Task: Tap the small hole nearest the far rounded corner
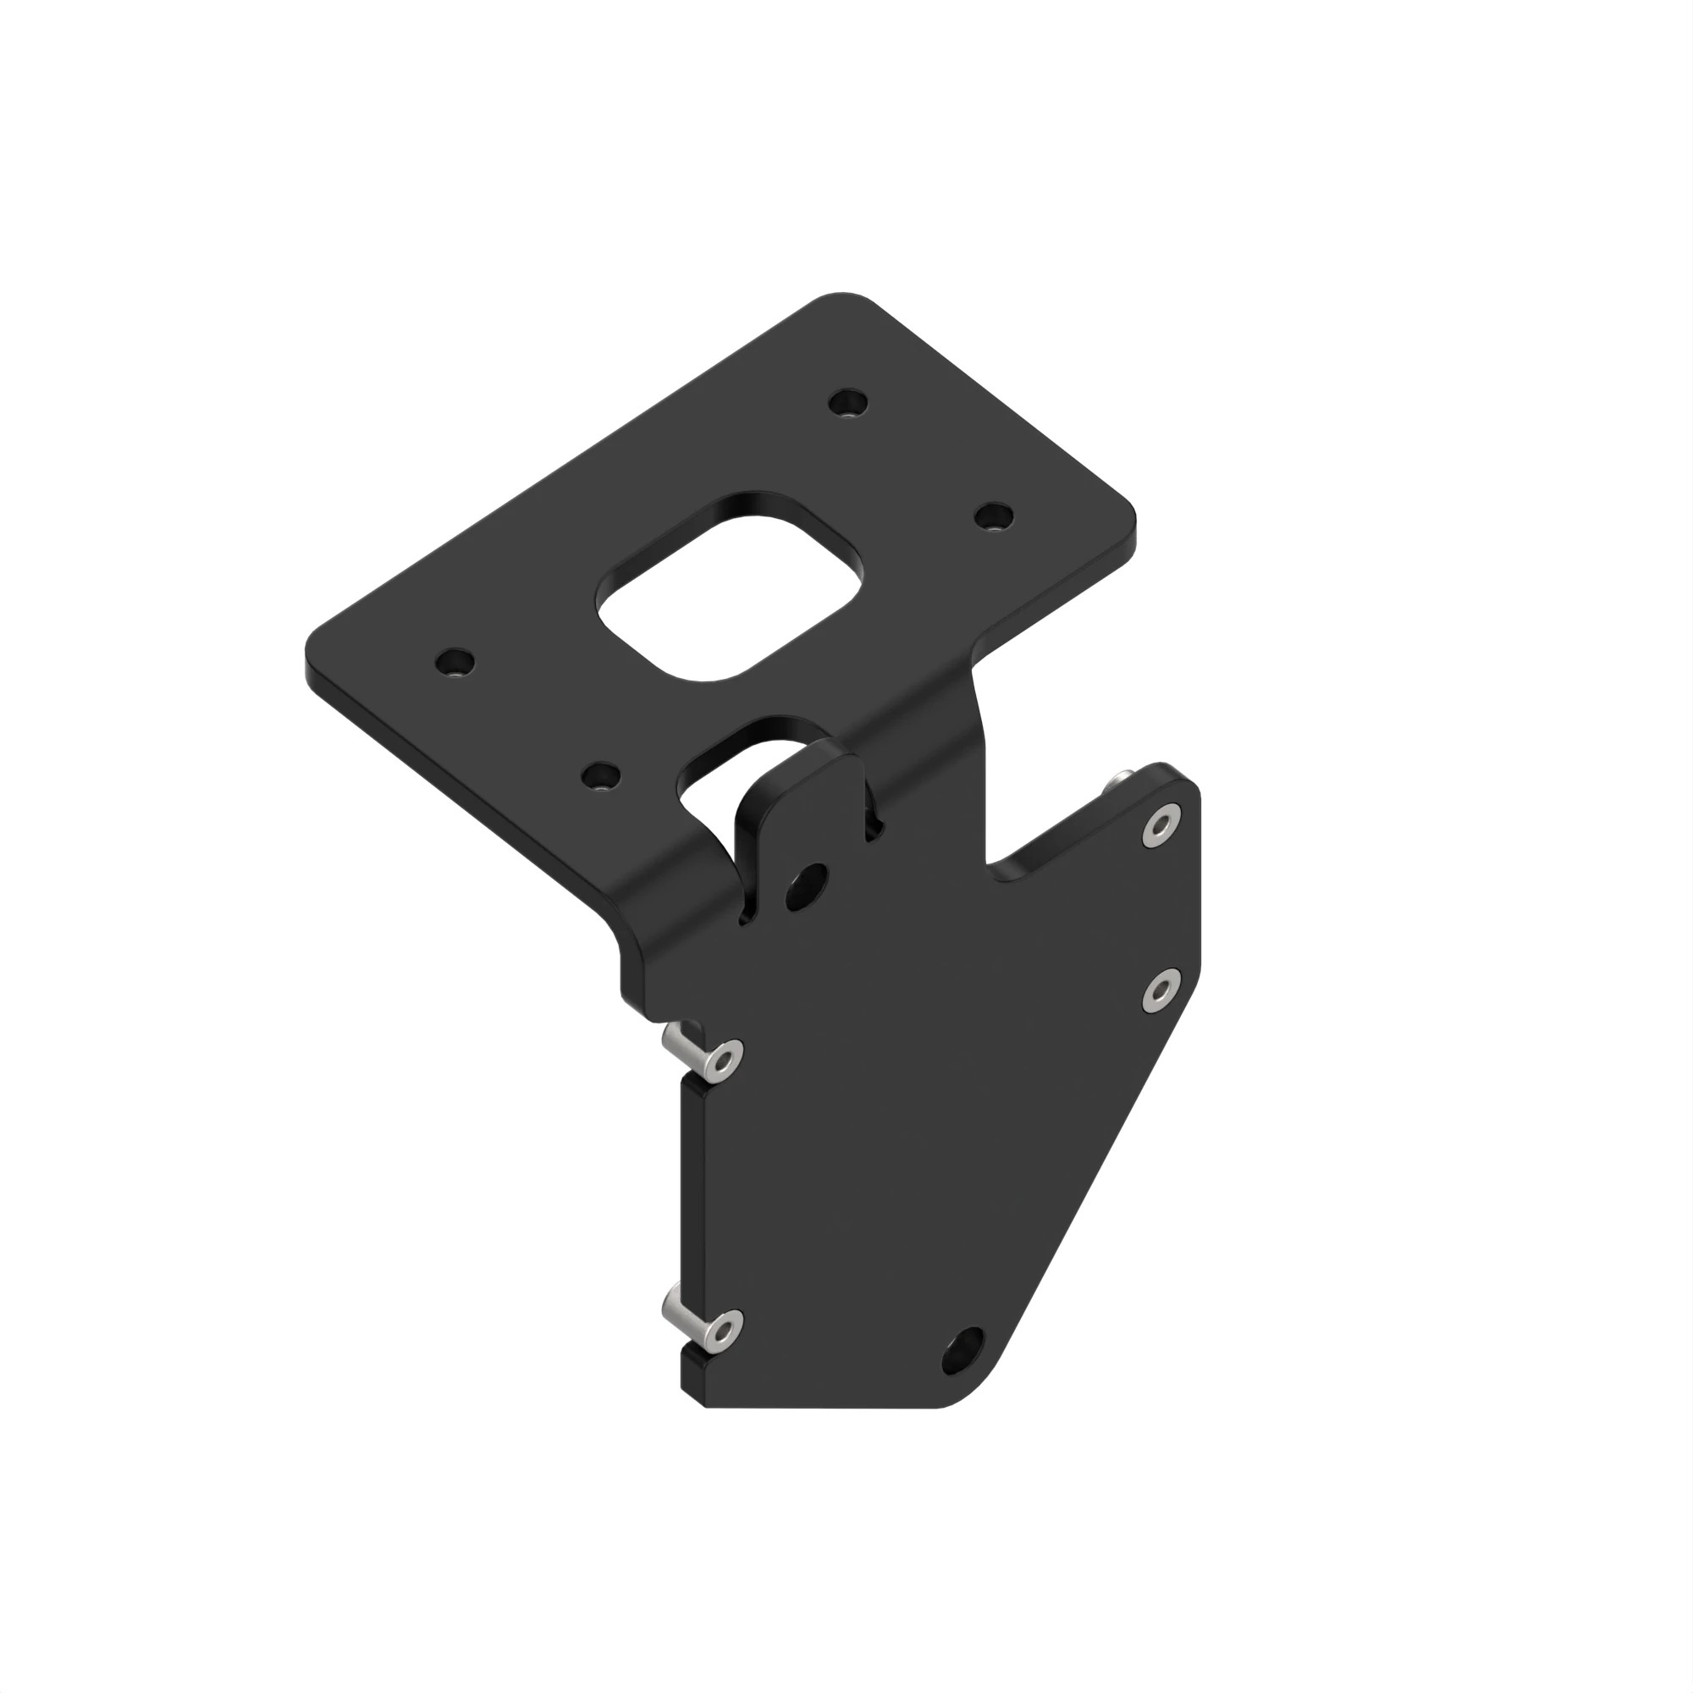(x=848, y=404)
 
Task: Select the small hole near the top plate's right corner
(x=993, y=516)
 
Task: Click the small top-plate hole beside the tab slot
(x=601, y=775)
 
